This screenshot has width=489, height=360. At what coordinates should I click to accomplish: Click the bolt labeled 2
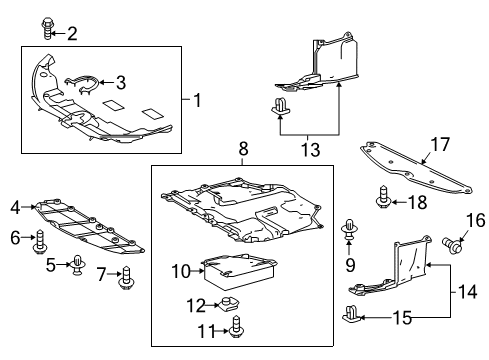47,29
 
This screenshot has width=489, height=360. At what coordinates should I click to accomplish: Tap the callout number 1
198,100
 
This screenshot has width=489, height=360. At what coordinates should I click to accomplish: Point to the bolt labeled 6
40,243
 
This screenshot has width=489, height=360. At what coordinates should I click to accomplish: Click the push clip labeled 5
78,265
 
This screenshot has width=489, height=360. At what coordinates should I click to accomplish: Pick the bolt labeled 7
126,278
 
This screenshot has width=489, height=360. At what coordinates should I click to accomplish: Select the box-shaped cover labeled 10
239,271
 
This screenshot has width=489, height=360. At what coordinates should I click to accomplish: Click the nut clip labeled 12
229,303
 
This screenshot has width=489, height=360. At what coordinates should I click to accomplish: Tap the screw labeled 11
236,326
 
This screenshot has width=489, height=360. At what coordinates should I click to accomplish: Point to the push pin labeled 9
349,229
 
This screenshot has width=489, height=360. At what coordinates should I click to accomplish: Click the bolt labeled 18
383,198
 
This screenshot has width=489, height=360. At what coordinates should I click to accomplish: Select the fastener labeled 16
452,246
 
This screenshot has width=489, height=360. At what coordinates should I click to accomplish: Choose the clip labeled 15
352,314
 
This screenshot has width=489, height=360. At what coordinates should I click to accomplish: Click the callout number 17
440,144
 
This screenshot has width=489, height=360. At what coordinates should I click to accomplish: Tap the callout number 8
244,149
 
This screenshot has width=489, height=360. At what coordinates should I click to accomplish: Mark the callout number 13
310,149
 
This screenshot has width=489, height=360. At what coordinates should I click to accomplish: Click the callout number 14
467,292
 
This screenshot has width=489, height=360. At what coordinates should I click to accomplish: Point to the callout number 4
15,208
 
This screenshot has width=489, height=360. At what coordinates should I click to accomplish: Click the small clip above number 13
280,106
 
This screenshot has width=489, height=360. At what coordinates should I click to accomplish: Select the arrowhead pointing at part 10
201,271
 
